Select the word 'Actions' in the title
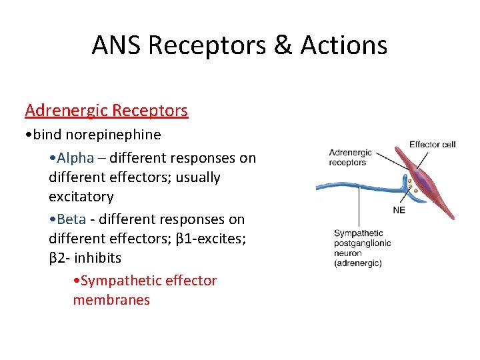click(x=344, y=45)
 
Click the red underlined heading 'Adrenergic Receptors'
click(x=106, y=110)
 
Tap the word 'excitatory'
click(x=81, y=197)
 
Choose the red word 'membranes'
click(x=111, y=300)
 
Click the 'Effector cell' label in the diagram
click(x=432, y=145)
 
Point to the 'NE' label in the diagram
click(x=399, y=209)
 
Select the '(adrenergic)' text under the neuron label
click(x=358, y=263)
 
